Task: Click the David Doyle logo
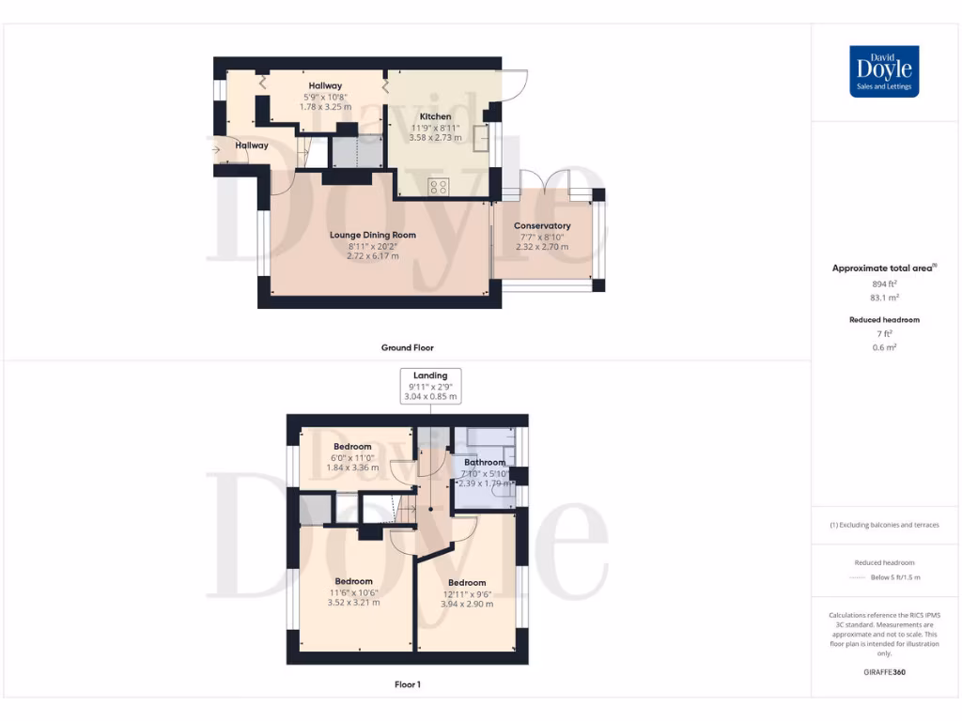pos(883,71)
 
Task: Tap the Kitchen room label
pos(435,116)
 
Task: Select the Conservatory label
pos(542,226)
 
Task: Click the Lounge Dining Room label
pos(373,235)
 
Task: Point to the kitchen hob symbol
pos(439,186)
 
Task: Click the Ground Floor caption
pos(407,347)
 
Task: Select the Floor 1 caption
pos(407,684)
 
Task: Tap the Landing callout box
pos(430,386)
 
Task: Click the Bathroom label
pos(485,462)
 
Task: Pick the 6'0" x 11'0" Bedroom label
pos(352,447)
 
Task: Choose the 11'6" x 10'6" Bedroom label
pos(353,581)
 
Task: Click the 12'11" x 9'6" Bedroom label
pos(467,583)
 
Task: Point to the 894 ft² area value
pos(885,283)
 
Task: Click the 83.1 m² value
pos(885,297)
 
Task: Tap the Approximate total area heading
pos(884,268)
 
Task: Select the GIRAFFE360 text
pos(884,672)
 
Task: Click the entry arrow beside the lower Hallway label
pos(216,148)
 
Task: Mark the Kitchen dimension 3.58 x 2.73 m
pos(435,138)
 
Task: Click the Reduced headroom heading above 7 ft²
pos(884,320)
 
